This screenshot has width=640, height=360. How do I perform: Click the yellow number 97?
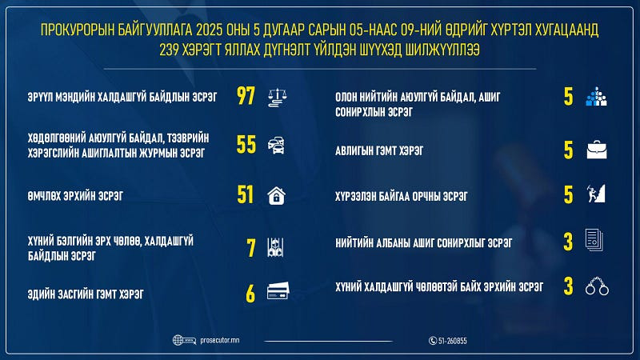[246, 96]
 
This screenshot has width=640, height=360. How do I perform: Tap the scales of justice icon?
[278, 98]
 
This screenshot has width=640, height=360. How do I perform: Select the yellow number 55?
[246, 145]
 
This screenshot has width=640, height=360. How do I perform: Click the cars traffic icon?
[276, 146]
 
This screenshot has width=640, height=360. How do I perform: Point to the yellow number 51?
[246, 194]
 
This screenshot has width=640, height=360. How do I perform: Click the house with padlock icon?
[276, 195]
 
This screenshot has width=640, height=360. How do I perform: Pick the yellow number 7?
[251, 248]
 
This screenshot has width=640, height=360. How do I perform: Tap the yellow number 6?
[250, 294]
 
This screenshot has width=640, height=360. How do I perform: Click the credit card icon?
[278, 290]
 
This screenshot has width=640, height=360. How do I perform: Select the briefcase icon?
[597, 150]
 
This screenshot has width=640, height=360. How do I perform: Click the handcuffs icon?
[597, 286]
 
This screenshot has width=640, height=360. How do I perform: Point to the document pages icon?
[594, 239]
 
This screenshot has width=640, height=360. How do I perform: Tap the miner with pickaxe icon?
[596, 194]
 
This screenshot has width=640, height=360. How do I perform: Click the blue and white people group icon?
[596, 97]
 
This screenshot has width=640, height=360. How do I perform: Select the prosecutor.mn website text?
[219, 340]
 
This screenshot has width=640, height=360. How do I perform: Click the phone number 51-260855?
[452, 341]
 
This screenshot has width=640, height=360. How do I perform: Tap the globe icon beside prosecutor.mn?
[178, 340]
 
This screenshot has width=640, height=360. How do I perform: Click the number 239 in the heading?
[169, 50]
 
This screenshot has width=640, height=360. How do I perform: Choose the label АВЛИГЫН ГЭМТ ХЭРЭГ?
[379, 151]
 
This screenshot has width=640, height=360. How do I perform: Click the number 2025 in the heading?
[210, 30]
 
